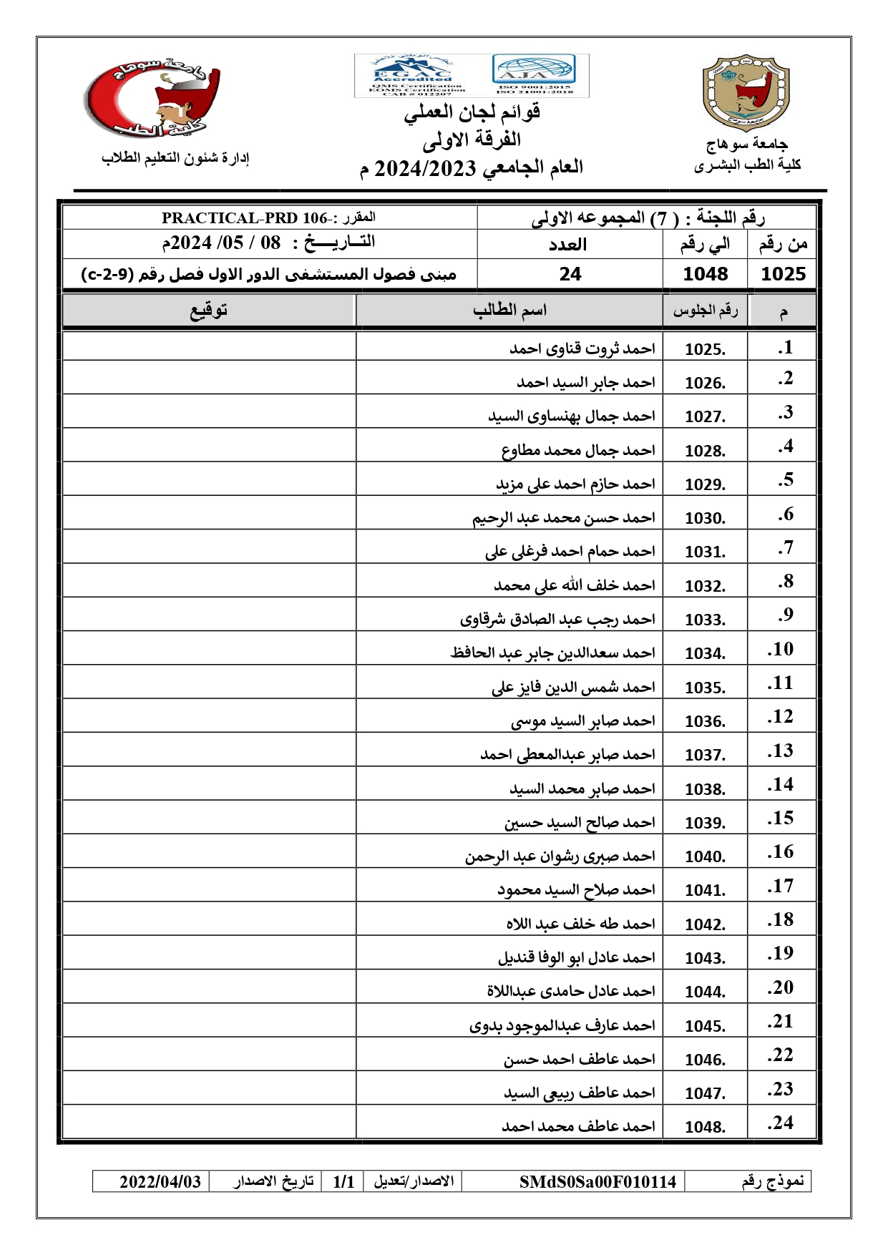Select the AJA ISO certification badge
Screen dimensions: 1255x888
[535, 74]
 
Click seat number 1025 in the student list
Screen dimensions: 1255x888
[705, 349]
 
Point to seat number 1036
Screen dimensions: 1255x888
[705, 721]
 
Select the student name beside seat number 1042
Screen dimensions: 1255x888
[580, 924]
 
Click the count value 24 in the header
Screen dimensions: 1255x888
[570, 274]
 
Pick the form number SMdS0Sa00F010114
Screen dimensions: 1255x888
[597, 1181]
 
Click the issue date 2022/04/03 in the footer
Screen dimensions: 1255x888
[160, 1181]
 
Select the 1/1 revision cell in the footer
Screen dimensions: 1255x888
[343, 1181]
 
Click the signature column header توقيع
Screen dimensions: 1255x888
[208, 311]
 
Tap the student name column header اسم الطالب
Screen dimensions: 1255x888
[509, 311]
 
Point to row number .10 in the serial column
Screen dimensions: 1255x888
[781, 649]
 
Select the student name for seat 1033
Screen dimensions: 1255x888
[557, 619]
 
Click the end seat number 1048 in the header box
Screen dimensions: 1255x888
[706, 274]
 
